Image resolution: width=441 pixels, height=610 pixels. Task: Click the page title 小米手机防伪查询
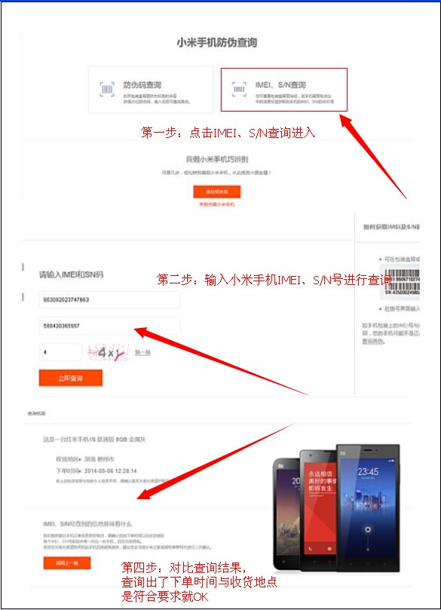tap(216, 43)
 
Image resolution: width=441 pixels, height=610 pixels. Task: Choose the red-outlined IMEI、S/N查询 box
tap(283, 90)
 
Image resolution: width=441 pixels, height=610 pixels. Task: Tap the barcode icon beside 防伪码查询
tap(107, 90)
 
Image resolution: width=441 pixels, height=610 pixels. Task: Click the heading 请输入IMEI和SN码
tap(72, 274)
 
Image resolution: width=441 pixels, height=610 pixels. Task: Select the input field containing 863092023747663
tap(109, 300)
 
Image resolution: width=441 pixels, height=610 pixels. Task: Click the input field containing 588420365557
tap(109, 326)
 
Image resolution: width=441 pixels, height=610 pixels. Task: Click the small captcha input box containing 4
tap(60, 352)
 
